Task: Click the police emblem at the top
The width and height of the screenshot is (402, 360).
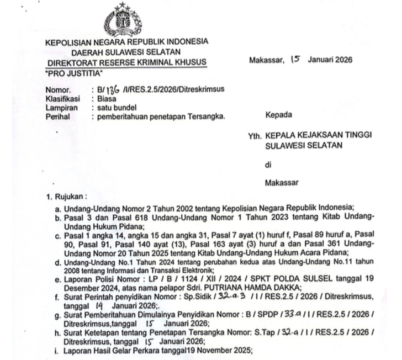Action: tap(128, 20)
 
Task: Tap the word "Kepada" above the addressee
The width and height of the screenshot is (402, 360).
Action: tap(278, 116)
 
